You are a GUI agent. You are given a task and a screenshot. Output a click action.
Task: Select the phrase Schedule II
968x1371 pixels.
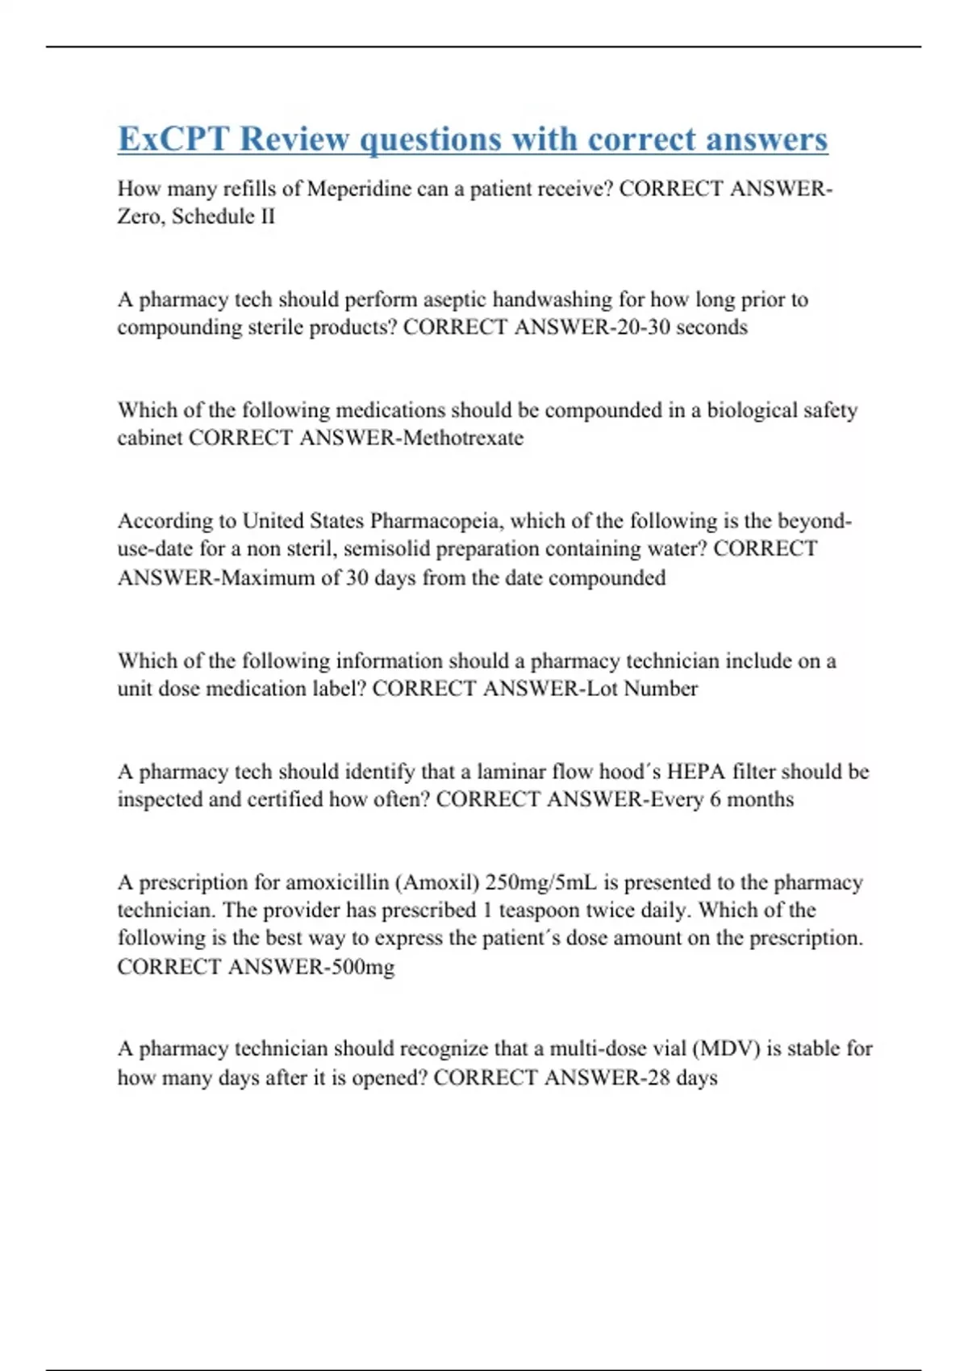coord(223,216)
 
